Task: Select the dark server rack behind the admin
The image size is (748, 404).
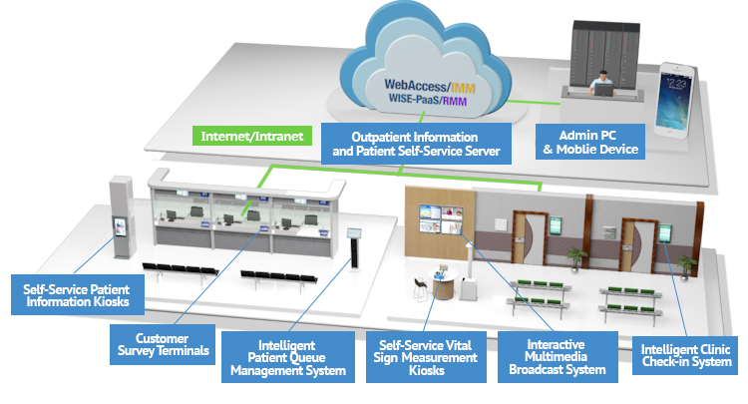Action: [598, 50]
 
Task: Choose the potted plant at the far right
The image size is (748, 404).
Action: [685, 262]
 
